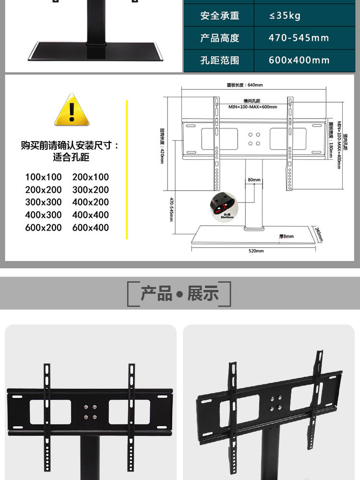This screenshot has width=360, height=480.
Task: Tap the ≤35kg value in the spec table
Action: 285,16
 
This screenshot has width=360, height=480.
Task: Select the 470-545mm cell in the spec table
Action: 299,38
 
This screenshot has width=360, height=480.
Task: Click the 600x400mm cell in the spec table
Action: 299,60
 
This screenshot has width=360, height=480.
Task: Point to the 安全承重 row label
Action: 219,16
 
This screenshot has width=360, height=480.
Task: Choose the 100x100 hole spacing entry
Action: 44,177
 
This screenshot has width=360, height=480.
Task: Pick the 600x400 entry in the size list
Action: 91,228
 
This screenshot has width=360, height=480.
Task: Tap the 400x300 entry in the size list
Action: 44,215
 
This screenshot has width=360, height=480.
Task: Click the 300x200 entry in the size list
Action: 91,190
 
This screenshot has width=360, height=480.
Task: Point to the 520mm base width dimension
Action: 256,251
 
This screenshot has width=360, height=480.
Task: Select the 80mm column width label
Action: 254,180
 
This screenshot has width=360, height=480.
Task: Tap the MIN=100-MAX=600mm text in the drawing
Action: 252,107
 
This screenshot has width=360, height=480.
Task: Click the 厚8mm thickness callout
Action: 286,236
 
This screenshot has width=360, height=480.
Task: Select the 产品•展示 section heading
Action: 179,294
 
